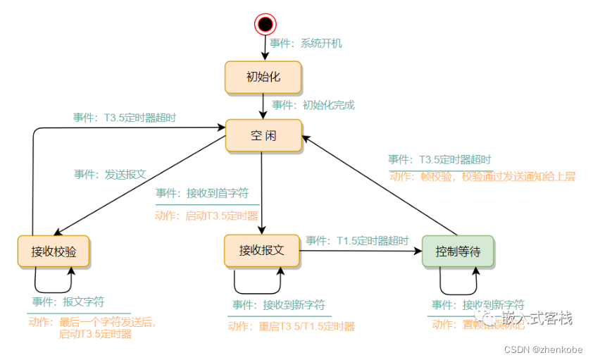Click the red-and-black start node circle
[265, 25]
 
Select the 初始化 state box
[263, 77]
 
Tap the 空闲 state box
[263, 136]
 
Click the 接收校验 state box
[54, 252]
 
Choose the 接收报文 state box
[261, 251]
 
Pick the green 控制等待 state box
[458, 252]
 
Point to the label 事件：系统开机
[306, 43]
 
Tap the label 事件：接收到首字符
[202, 193]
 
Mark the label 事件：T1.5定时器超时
[357, 240]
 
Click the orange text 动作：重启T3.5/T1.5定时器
[291, 326]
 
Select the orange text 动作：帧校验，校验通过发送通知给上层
[482, 177]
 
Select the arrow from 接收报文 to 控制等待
[359, 250]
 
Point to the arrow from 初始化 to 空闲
[263, 106]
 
